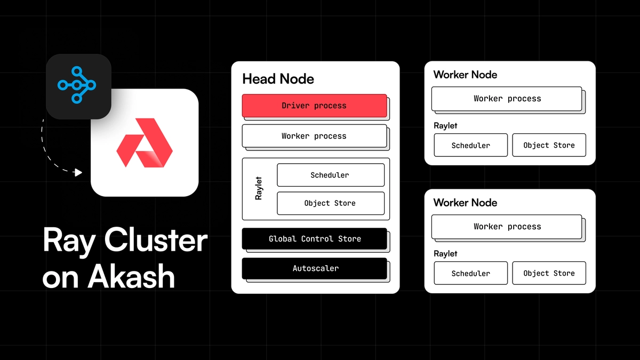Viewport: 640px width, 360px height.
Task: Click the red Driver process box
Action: pyautogui.click(x=314, y=106)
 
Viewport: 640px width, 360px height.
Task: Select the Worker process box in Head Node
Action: pyautogui.click(x=314, y=136)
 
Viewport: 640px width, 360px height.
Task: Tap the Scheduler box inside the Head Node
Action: pyautogui.click(x=330, y=175)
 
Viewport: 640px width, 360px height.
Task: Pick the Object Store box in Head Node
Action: pyautogui.click(x=330, y=203)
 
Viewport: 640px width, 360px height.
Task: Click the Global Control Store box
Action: pyautogui.click(x=314, y=238)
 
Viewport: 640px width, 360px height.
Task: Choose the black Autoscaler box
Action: pyautogui.click(x=314, y=268)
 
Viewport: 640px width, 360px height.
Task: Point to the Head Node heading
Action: pyautogui.click(x=278, y=79)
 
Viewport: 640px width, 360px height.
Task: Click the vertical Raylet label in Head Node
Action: pyautogui.click(x=259, y=189)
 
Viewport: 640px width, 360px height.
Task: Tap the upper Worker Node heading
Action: pyautogui.click(x=465, y=75)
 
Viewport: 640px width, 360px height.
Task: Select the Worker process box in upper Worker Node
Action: pyautogui.click(x=507, y=99)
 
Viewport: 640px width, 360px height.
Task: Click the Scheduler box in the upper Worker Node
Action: pyautogui.click(x=470, y=145)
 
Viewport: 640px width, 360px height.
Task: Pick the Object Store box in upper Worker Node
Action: pyautogui.click(x=549, y=145)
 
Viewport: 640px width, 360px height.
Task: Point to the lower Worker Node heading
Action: pyautogui.click(x=465, y=203)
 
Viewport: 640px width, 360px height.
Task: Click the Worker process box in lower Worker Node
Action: pyautogui.click(x=507, y=227)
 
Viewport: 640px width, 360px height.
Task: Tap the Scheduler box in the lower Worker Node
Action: pyautogui.click(x=470, y=273)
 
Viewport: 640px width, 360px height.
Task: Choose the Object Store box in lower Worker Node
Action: pyautogui.click(x=549, y=273)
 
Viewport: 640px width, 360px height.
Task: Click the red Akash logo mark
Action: pyautogui.click(x=145, y=142)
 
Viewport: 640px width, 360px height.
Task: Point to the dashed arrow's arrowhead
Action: pyautogui.click(x=79, y=172)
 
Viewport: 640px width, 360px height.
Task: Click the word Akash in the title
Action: pyautogui.click(x=131, y=277)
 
